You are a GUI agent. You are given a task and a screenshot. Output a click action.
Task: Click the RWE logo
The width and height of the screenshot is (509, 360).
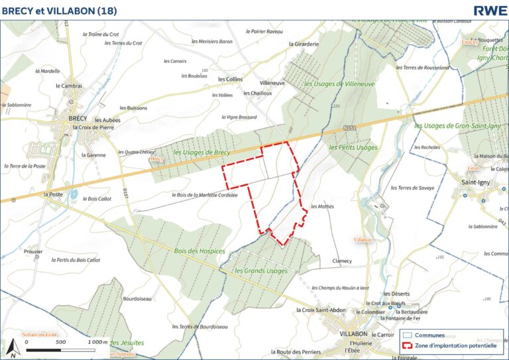(490, 10)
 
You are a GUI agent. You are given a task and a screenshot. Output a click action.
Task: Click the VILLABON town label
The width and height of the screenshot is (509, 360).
(353, 333)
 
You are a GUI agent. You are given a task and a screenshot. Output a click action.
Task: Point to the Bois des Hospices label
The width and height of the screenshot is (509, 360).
(198, 251)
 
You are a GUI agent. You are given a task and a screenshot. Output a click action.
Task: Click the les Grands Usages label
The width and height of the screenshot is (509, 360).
(261, 271)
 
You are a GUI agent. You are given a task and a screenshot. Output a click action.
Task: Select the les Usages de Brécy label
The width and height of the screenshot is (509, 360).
(201, 152)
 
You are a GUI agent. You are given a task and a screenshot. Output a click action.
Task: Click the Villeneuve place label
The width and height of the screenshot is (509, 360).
(272, 84)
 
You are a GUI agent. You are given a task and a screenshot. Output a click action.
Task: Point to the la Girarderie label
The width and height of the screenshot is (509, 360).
(304, 44)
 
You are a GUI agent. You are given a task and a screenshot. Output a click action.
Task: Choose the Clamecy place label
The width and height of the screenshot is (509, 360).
(342, 261)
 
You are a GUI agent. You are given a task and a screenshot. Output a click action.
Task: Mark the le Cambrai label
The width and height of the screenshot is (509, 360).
(69, 86)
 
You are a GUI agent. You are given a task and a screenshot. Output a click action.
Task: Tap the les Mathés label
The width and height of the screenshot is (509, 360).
(322, 206)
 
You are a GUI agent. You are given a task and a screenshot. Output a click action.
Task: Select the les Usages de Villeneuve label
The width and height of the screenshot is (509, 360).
(339, 84)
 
